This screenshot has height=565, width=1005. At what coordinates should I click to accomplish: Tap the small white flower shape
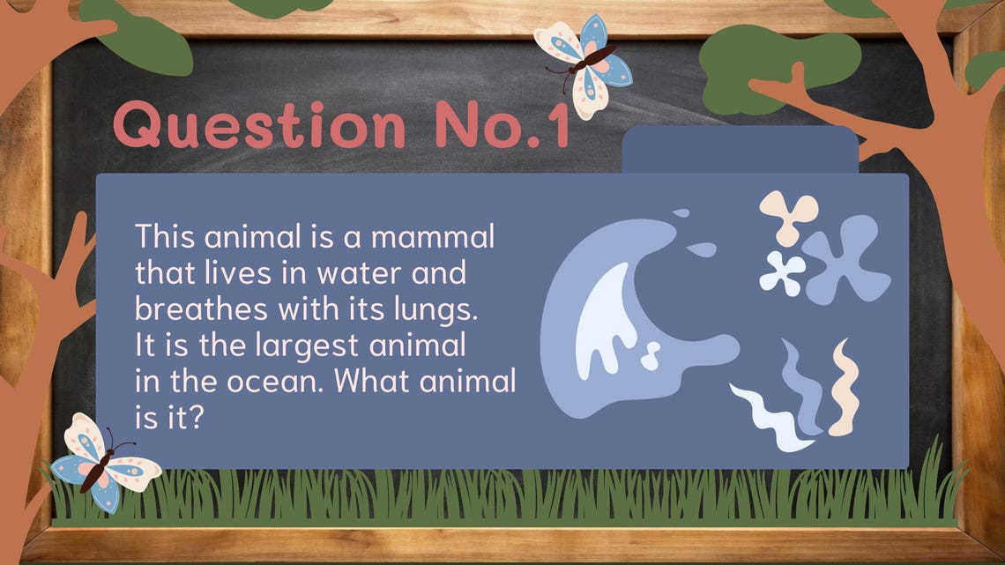click(x=782, y=272)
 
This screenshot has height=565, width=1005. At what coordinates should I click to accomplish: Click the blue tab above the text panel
click(x=740, y=150)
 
